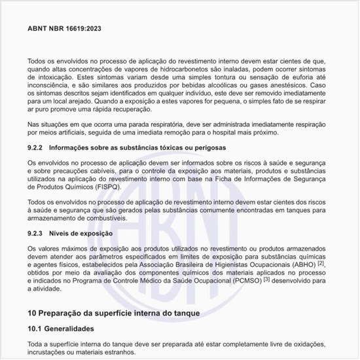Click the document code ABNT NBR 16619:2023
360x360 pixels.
[64, 29]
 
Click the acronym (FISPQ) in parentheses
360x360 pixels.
[100, 186]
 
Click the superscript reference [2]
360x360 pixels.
[321, 262]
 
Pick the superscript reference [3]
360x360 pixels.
[248, 279]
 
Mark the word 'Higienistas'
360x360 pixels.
[227, 264]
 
